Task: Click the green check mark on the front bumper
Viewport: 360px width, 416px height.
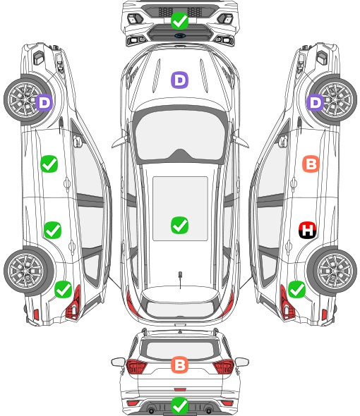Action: coord(179,20)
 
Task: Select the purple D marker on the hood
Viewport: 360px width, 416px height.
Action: coord(179,80)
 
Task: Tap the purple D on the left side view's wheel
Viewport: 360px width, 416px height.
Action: coord(44,102)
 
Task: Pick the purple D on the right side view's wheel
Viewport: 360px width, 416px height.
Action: coord(316,102)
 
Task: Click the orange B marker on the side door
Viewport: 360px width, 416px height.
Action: coord(311,164)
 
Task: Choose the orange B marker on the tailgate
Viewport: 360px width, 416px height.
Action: coord(179,365)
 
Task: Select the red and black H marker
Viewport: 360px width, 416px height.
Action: coord(307,230)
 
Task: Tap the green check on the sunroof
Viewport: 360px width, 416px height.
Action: coord(179,225)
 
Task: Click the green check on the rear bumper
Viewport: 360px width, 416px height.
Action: coord(179,405)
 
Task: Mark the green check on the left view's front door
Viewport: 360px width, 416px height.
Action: coord(49,164)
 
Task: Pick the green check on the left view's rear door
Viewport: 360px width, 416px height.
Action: coord(53,230)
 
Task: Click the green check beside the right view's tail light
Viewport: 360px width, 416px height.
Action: coord(296,289)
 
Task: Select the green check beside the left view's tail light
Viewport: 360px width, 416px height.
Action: coord(64,289)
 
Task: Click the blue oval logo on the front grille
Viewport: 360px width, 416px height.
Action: coord(180,35)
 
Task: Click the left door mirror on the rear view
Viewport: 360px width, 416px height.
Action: coord(118,362)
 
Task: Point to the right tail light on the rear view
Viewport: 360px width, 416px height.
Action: coord(223,367)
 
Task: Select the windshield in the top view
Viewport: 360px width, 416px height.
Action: coord(180,136)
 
